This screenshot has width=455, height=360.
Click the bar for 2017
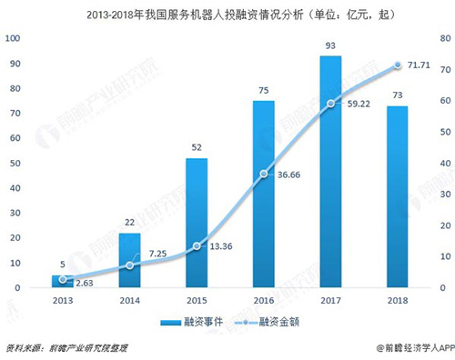330,172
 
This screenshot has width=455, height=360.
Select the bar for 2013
62,282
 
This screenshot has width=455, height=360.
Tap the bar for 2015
197,223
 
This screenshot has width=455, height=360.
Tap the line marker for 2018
397,65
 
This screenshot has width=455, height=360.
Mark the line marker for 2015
197,246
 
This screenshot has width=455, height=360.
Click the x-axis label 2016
263,301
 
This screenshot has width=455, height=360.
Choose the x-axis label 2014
129,301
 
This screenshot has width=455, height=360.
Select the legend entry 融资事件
194,323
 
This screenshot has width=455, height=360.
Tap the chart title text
227,13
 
